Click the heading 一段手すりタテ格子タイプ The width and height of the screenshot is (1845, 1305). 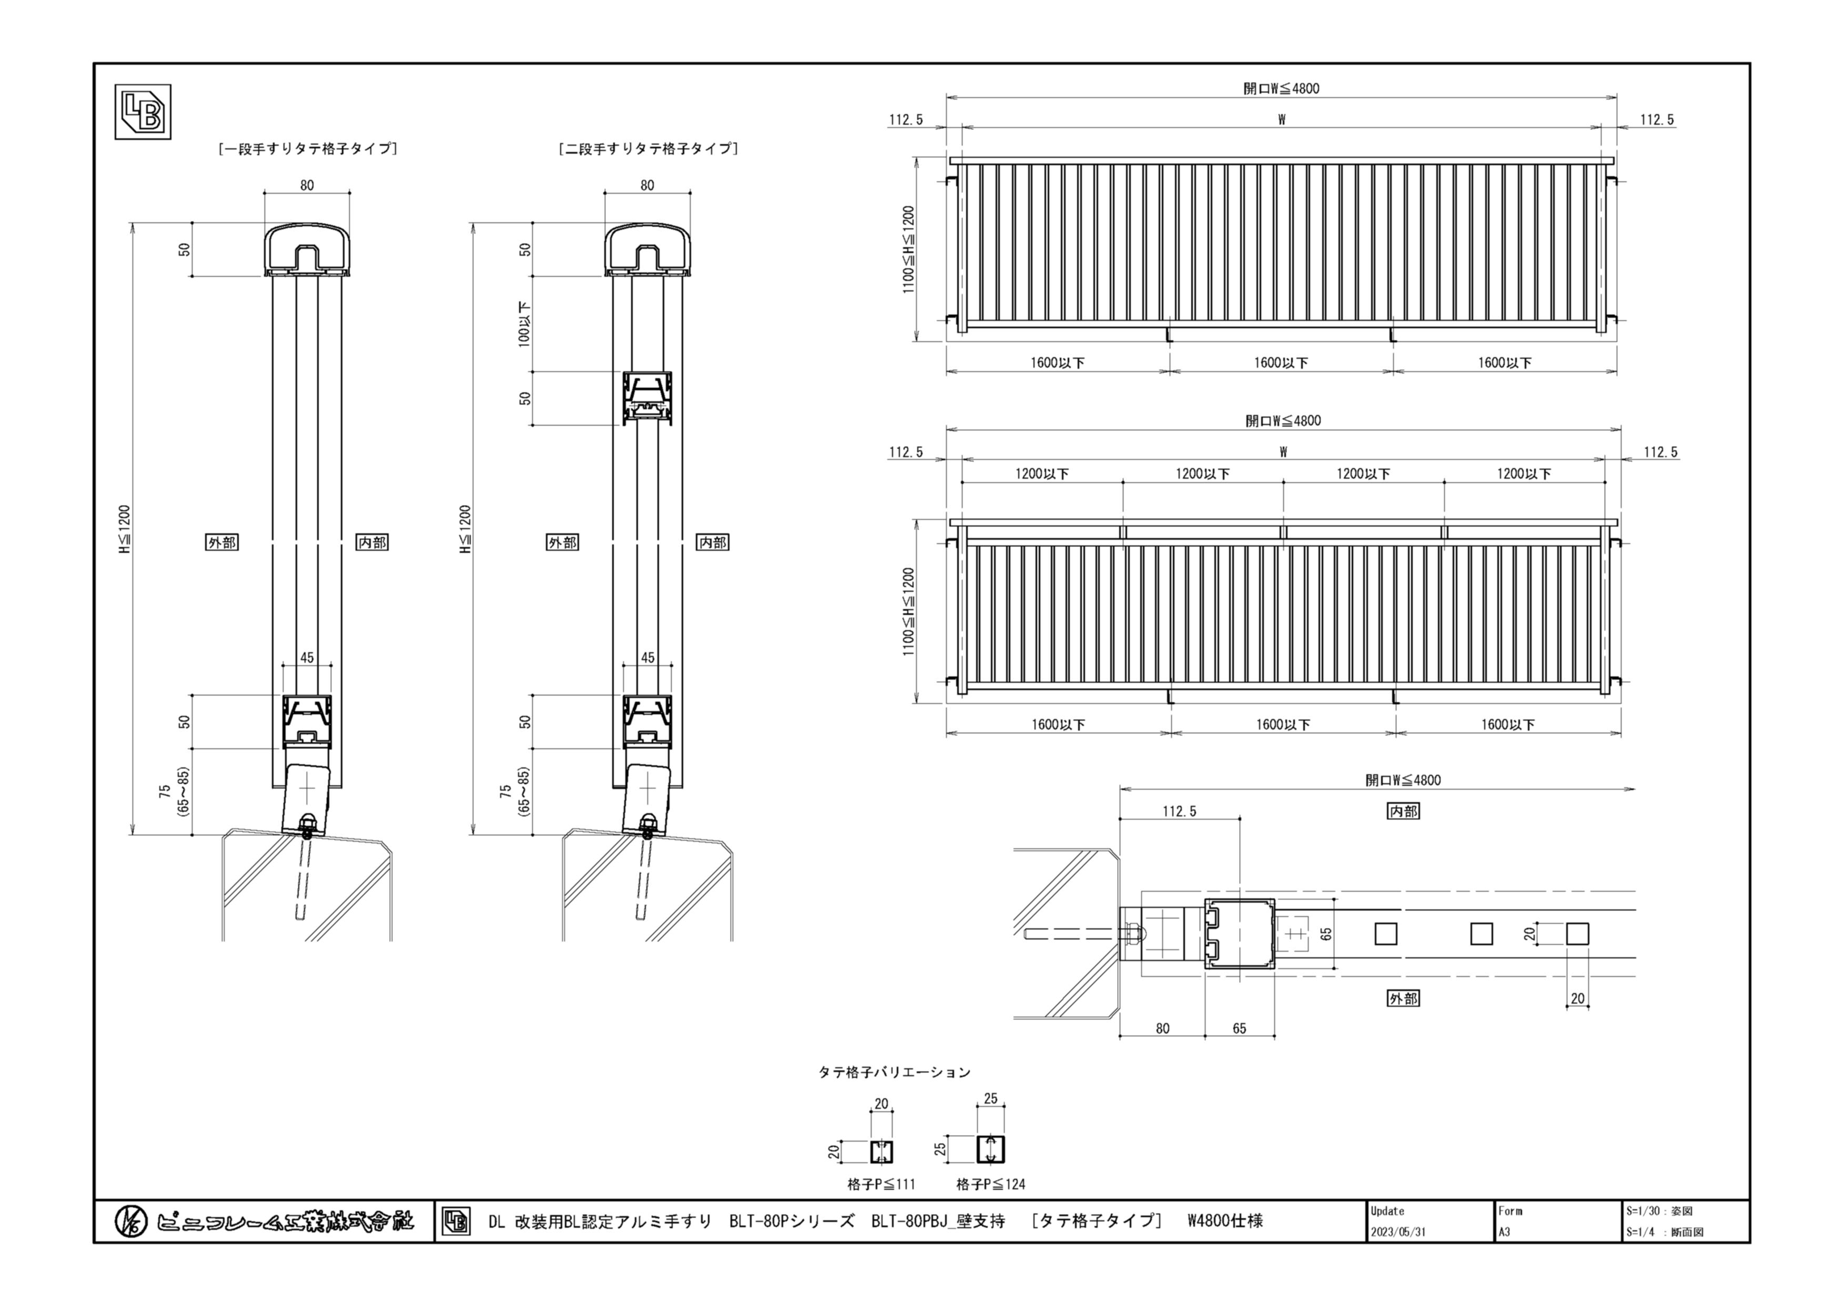tap(308, 149)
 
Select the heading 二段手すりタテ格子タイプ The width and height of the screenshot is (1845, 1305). tap(647, 149)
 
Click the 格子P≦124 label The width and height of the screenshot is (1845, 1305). tap(991, 1185)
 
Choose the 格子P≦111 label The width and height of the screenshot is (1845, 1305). tap(881, 1185)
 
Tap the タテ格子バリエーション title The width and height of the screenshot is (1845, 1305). tap(895, 1072)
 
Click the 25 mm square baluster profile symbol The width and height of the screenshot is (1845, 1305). tap(991, 1150)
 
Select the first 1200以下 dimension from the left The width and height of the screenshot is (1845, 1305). tap(1041, 474)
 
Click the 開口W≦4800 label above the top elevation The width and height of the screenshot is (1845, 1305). tap(1282, 88)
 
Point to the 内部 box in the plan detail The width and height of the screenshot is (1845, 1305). tap(1403, 812)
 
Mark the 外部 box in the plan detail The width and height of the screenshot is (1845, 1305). tap(1403, 999)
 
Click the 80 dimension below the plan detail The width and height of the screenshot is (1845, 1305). tap(1163, 1028)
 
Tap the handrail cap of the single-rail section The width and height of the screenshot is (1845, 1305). tap(308, 249)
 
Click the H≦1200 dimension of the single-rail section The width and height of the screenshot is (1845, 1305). tap(125, 530)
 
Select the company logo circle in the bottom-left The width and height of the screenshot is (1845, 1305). tap(130, 1221)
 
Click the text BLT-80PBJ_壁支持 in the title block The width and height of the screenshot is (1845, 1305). tap(938, 1221)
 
